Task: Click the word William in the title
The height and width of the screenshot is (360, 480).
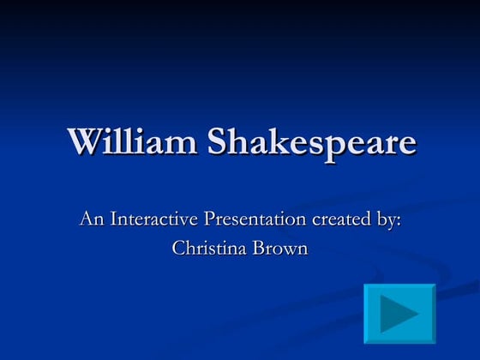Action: coord(131,141)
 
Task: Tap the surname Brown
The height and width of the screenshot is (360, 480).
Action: coord(279,249)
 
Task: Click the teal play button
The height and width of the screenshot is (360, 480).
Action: coord(399,314)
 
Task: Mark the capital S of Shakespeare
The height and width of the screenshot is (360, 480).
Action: coord(218,141)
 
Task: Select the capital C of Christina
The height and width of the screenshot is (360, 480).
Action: coord(178,249)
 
